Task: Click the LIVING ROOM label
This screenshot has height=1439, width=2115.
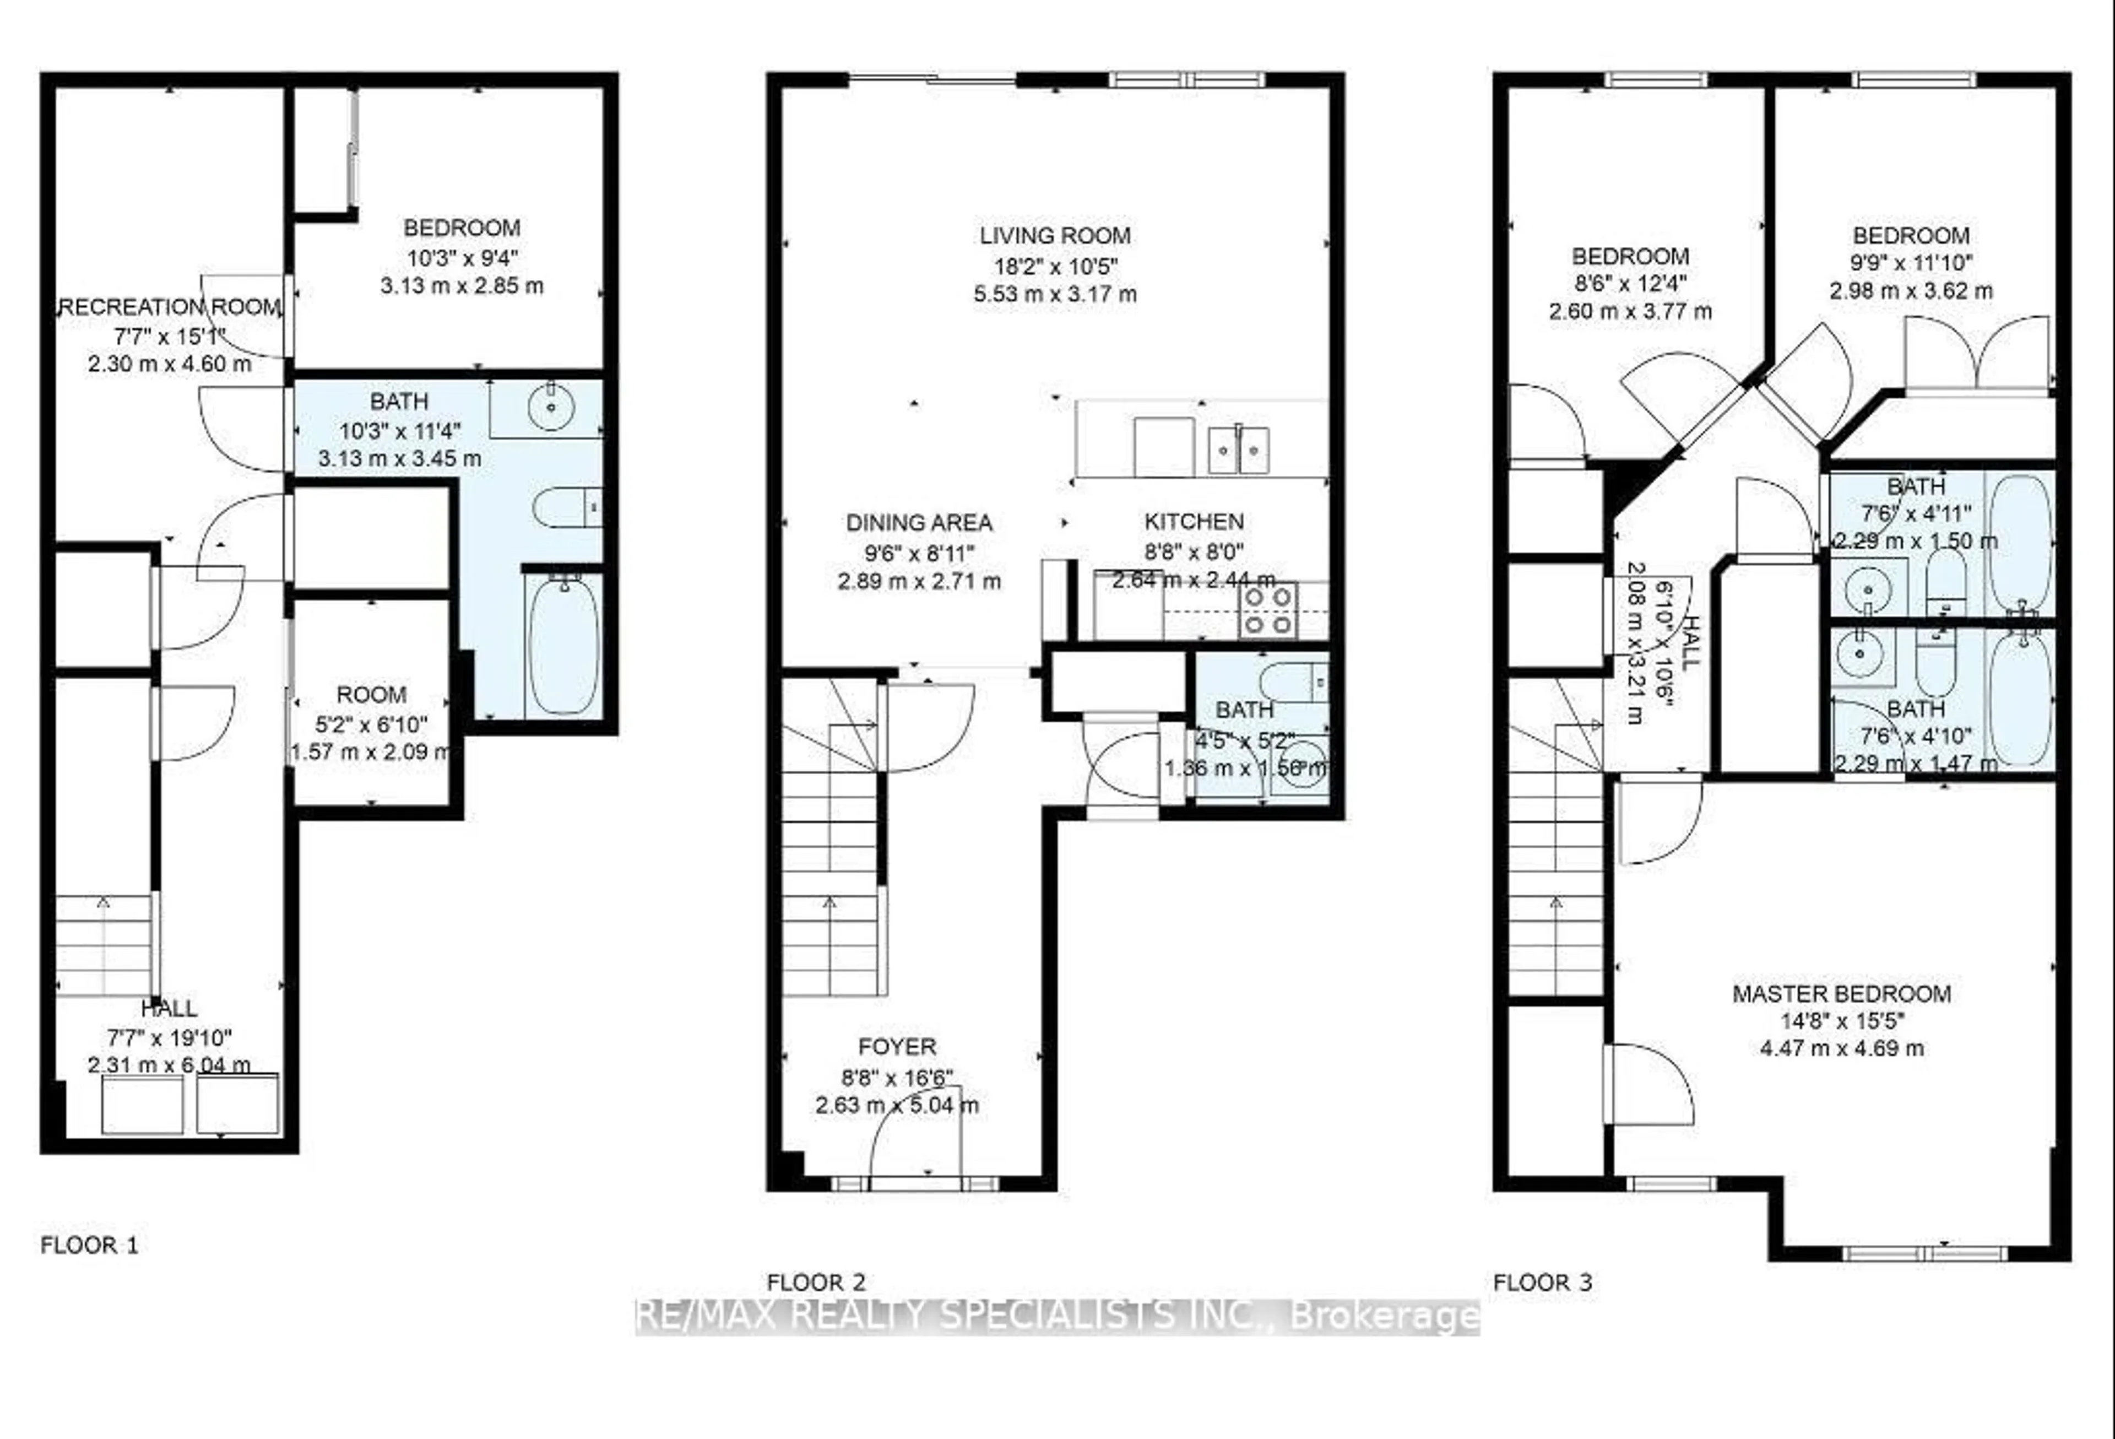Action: [1055, 236]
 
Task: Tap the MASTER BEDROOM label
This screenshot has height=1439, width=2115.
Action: [1841, 993]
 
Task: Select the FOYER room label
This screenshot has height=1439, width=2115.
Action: [897, 1047]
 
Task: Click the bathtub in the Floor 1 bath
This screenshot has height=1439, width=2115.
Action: [563, 645]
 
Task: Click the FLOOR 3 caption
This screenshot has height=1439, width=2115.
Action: [1543, 1283]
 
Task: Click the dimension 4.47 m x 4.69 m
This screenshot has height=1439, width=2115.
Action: [1841, 1048]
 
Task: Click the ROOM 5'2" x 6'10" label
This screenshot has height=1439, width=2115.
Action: [371, 695]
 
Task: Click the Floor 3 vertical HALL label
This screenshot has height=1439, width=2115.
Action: [1691, 642]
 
